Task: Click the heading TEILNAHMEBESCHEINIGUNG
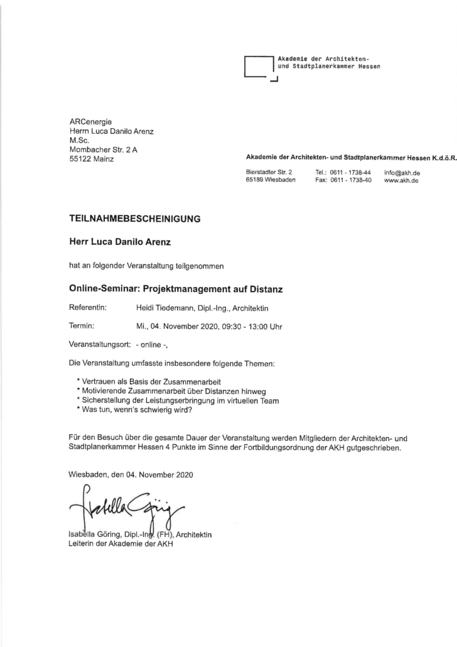point(134,219)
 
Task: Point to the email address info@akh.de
point(402,172)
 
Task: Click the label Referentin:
point(88,307)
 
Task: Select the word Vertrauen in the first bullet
point(99,382)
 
